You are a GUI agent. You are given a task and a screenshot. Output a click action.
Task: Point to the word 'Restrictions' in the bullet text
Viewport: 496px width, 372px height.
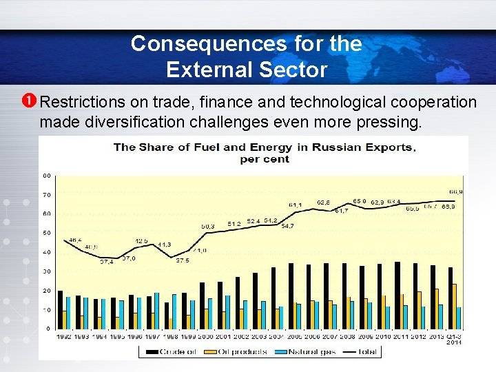(82, 103)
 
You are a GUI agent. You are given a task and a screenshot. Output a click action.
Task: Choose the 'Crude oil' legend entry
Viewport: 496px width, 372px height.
(175, 351)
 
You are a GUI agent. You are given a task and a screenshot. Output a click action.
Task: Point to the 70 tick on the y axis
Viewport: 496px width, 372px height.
(47, 196)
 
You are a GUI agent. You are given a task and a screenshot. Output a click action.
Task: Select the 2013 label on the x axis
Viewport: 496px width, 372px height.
(435, 335)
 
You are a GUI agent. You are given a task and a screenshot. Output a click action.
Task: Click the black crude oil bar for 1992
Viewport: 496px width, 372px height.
(60, 309)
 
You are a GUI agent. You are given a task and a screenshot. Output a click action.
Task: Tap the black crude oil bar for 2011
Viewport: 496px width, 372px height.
(397, 295)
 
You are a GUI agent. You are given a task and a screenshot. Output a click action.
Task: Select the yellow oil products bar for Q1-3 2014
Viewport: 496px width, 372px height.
(454, 306)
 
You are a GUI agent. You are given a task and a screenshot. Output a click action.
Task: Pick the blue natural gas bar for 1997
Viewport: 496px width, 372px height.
(156, 311)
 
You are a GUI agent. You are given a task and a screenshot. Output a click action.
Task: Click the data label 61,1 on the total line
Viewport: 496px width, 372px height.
(295, 205)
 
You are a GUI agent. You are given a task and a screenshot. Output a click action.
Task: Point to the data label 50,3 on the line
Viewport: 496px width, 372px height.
(207, 227)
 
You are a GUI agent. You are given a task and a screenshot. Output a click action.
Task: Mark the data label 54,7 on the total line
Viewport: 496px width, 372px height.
(287, 226)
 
